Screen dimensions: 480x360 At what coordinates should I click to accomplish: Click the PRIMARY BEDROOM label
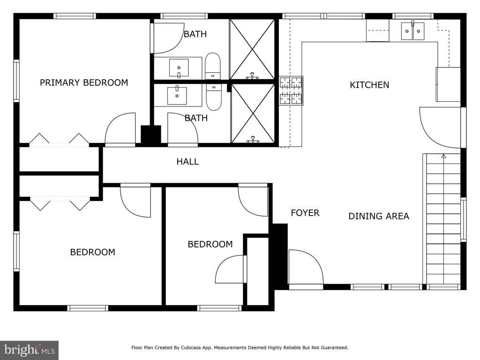[84, 82]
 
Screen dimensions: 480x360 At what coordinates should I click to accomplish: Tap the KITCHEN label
[369, 85]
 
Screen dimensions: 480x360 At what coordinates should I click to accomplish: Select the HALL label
[187, 162]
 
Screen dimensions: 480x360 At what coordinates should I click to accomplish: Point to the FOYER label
[305, 213]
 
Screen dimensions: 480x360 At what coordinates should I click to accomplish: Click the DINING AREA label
[379, 216]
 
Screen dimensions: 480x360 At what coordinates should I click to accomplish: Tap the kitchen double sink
[412, 30]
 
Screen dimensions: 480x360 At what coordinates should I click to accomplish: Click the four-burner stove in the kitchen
[291, 90]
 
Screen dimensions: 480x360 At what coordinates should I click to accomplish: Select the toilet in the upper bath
[212, 66]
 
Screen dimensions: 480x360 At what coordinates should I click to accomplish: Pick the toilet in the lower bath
[214, 97]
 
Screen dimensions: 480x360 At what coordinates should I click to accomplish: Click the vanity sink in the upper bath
[179, 68]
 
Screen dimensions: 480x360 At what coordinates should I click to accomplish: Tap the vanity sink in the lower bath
[177, 96]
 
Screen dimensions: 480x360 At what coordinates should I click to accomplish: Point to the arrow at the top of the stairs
[443, 156]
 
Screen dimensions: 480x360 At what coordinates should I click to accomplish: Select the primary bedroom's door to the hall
[120, 128]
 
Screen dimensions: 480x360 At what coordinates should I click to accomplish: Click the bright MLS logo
[30, 350]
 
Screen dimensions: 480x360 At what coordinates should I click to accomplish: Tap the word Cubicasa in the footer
[192, 348]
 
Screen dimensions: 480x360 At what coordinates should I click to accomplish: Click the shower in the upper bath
[252, 49]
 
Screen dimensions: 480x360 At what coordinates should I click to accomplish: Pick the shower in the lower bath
[253, 113]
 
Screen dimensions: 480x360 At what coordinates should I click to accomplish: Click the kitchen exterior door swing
[440, 127]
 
